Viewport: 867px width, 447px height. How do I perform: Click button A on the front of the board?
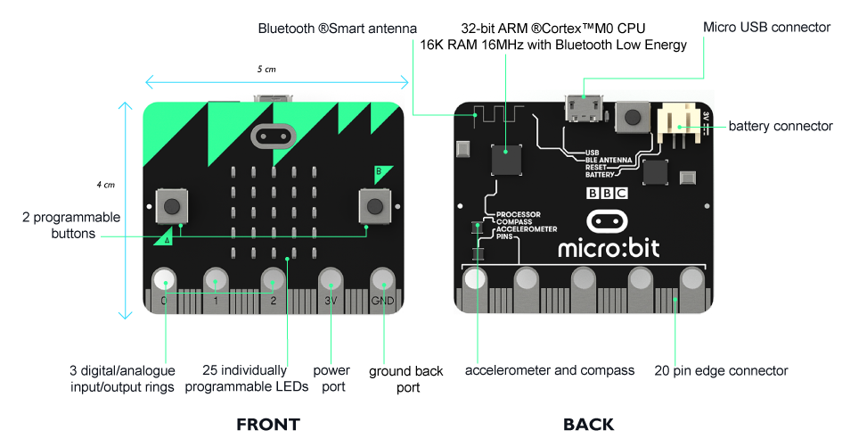coord(172,206)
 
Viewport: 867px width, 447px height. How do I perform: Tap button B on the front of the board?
coord(374,206)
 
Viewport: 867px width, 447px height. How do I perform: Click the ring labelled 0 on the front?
coord(164,281)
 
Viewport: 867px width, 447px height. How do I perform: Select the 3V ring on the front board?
coord(331,280)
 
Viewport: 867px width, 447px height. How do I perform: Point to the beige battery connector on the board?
coord(677,125)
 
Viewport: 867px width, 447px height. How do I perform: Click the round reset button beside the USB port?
coord(634,117)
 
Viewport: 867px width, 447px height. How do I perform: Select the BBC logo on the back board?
coord(607,192)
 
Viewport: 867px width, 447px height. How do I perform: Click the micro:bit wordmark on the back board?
coord(609,247)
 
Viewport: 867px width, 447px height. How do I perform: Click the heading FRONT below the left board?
coord(267,425)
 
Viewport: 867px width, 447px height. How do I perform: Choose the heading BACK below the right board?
coord(588,425)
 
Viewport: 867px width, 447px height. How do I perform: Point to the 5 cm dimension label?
coord(266,69)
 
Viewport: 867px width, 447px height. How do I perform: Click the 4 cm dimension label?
coord(105,185)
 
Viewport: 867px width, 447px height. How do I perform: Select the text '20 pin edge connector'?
coord(721,370)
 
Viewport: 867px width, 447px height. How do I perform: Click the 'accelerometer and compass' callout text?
coord(550,370)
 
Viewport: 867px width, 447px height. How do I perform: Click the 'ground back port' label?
coord(406,379)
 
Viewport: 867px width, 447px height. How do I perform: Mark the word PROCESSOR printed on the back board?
coord(518,215)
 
